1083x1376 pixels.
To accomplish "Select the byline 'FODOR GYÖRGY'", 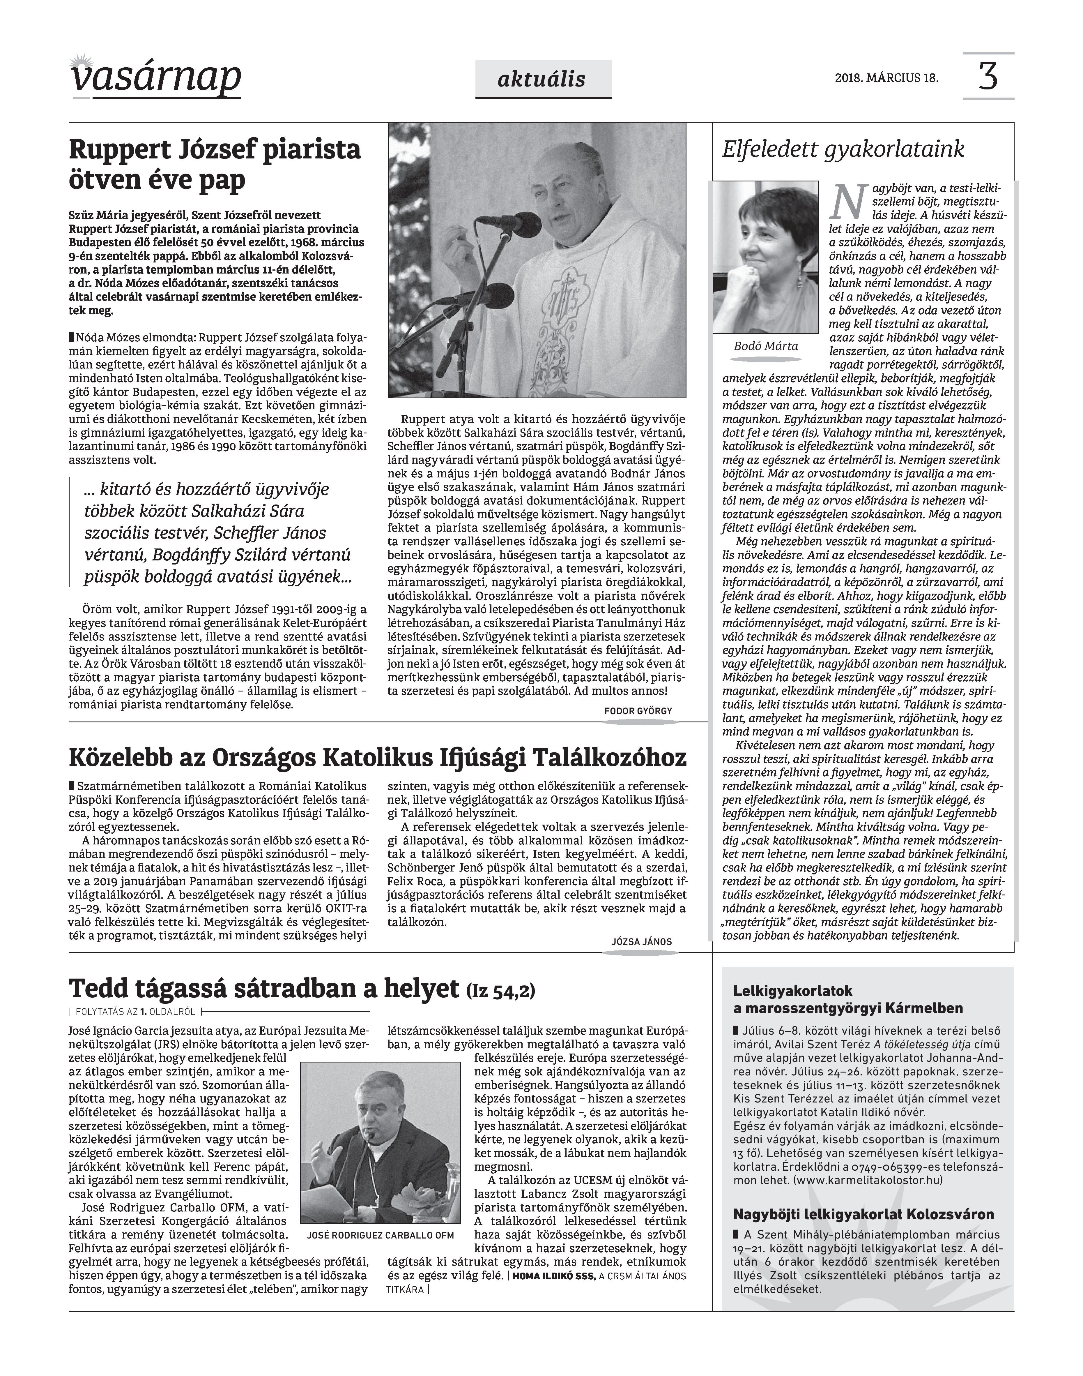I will [638, 711].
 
